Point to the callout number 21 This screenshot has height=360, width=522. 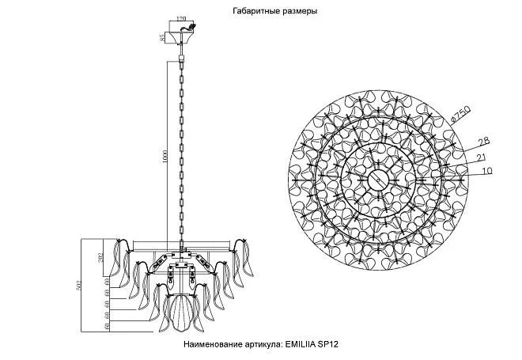pyautogui.click(x=481, y=157)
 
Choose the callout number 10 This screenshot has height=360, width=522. pyautogui.click(x=486, y=171)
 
